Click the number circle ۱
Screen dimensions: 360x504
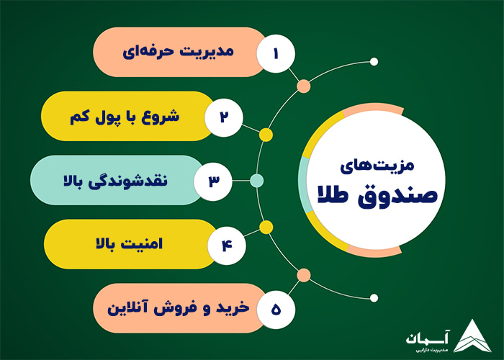276,53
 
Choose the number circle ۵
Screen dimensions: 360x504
276,307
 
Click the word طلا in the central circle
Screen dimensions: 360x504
337,197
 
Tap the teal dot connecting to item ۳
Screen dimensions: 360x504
257,180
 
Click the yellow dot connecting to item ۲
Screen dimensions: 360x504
266,135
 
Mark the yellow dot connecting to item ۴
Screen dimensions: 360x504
266,228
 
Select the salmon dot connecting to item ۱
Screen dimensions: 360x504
304,86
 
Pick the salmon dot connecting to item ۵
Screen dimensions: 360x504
304,274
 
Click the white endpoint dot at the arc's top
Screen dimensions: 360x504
373,61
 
